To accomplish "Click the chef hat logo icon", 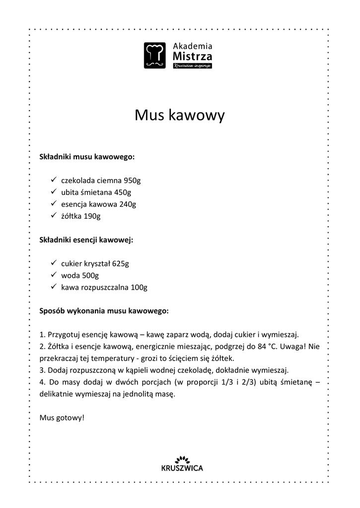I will coord(155,55).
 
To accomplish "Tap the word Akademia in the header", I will coord(192,46).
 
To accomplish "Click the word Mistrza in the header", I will coord(192,56).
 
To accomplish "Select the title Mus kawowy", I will coord(180,115).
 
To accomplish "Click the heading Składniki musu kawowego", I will coord(87,157).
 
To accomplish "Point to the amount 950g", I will coord(132,181).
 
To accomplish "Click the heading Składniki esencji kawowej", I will coord(86,240).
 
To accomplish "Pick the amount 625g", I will coord(120,263).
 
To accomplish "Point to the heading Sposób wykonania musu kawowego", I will coord(104,311).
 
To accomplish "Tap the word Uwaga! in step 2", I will coord(293,346).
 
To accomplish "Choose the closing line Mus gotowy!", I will coord(62,418).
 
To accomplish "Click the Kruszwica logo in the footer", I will coord(182,463).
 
